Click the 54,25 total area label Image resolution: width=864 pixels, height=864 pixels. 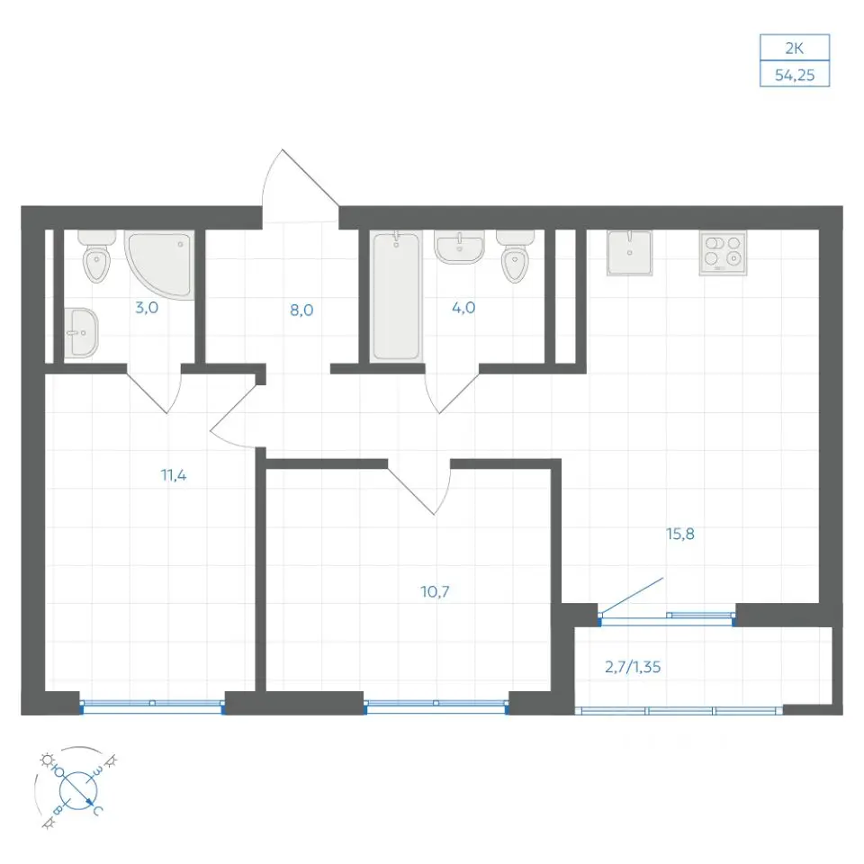[x=794, y=75]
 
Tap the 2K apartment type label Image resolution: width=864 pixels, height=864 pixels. [x=794, y=49]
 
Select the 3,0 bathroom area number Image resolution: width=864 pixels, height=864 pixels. [x=147, y=308]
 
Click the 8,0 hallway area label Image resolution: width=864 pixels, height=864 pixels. [x=301, y=310]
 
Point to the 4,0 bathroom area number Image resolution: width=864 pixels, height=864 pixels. [x=463, y=308]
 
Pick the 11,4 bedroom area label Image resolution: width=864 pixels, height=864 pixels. [x=174, y=475]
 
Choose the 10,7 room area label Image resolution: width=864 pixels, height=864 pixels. [x=435, y=592]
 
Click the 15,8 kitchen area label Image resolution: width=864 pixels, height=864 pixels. [x=680, y=534]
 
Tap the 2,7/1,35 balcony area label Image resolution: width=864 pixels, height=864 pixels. [x=633, y=667]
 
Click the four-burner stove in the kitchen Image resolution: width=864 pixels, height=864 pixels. [x=723, y=252]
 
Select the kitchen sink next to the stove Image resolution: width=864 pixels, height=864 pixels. [x=629, y=252]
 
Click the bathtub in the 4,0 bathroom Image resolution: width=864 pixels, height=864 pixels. [x=396, y=296]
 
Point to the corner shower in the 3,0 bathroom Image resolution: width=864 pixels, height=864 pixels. [x=160, y=265]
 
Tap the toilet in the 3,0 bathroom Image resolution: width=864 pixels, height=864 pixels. [x=97, y=256]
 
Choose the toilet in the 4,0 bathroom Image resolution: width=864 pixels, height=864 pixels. [x=515, y=256]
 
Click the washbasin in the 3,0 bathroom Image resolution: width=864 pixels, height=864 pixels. [x=80, y=332]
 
